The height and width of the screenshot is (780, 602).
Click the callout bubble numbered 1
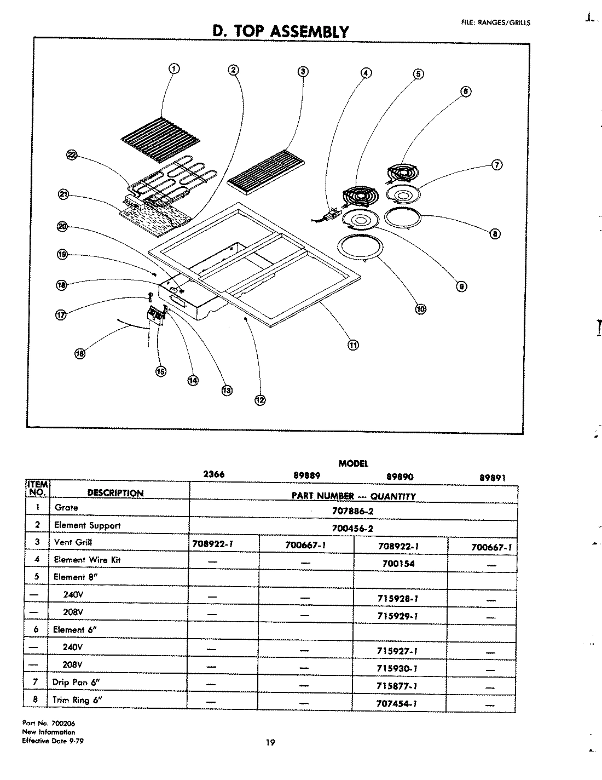[173, 68]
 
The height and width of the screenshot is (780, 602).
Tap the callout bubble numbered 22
[71, 156]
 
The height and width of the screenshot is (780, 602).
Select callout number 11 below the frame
[353, 345]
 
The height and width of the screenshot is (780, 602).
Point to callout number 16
[80, 353]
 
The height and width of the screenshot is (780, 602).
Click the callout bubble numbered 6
[465, 91]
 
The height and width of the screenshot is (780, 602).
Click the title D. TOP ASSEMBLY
[280, 31]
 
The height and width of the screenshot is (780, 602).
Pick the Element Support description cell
[87, 525]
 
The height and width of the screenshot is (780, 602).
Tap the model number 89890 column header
[400, 477]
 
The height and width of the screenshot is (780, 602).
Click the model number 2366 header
[213, 474]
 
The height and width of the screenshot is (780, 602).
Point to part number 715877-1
[398, 686]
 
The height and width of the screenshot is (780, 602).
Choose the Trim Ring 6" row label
[77, 700]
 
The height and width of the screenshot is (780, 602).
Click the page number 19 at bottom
[270, 743]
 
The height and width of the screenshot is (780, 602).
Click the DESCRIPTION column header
[115, 493]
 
